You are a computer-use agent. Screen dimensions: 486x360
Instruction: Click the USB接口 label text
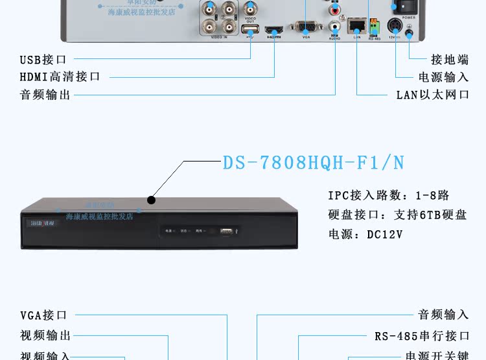43,60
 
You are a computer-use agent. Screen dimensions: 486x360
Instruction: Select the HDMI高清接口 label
60,77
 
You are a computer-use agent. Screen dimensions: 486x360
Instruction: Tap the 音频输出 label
45,95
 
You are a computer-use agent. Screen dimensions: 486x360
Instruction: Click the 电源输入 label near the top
443,77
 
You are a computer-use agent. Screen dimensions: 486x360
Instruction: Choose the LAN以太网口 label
433,95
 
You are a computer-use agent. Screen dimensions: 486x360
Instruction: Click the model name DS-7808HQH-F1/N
314,162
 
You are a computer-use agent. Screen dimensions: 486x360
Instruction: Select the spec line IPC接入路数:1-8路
388,195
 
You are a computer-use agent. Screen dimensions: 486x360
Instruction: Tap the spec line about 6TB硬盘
397,215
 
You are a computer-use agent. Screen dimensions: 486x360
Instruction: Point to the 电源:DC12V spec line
365,234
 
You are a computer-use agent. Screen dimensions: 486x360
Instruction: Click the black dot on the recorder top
151,200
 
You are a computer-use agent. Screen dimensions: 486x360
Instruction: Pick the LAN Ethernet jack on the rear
356,26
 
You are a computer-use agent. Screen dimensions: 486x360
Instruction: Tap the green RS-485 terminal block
374,27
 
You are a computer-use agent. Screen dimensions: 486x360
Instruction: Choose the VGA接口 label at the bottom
43,316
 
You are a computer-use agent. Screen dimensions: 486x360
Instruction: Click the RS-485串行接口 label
422,336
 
